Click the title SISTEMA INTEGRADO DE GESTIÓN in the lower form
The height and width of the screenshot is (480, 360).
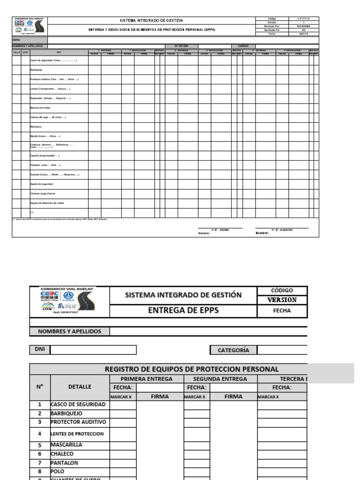(x=183, y=295)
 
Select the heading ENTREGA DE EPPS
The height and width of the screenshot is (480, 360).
(x=183, y=310)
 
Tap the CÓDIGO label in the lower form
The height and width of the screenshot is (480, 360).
(x=282, y=291)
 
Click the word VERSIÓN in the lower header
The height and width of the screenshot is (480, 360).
(x=282, y=300)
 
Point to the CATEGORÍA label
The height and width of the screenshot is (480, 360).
(x=233, y=350)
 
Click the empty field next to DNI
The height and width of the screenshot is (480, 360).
(x=93, y=350)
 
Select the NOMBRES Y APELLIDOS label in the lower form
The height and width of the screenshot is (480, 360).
(x=69, y=331)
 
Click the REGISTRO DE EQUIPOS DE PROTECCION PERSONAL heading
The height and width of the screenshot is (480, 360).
(x=191, y=369)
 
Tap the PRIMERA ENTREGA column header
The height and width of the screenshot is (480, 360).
(x=146, y=379)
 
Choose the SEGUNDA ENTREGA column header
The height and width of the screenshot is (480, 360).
(x=220, y=379)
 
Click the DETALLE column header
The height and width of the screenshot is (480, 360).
(x=80, y=387)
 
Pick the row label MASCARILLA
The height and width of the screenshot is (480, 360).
(x=66, y=444)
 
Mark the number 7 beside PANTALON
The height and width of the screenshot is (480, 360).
(x=40, y=463)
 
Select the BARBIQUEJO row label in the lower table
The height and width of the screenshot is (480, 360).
(x=66, y=413)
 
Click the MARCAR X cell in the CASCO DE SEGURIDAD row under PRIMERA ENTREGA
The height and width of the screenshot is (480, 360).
(x=123, y=405)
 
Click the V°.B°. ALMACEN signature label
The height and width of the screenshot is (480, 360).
(x=282, y=230)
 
